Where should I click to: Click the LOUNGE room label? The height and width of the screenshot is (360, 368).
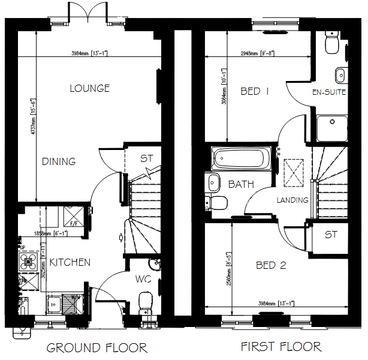(89, 88)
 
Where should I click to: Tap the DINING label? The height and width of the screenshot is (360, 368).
(59, 161)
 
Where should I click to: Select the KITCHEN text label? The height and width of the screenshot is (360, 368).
(70, 262)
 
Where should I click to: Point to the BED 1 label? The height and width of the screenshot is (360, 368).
(254, 91)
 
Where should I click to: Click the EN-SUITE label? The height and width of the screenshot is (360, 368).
(328, 92)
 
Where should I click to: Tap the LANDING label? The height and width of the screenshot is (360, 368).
(292, 200)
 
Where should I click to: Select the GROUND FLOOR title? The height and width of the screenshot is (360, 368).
(96, 347)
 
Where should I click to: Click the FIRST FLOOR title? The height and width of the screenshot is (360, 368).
(281, 346)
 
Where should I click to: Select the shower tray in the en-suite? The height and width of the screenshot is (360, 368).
(331, 127)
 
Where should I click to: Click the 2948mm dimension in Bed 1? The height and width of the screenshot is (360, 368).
(257, 53)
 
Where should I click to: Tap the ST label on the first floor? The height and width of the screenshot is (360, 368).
(331, 235)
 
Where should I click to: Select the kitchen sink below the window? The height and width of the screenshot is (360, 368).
(61, 303)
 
